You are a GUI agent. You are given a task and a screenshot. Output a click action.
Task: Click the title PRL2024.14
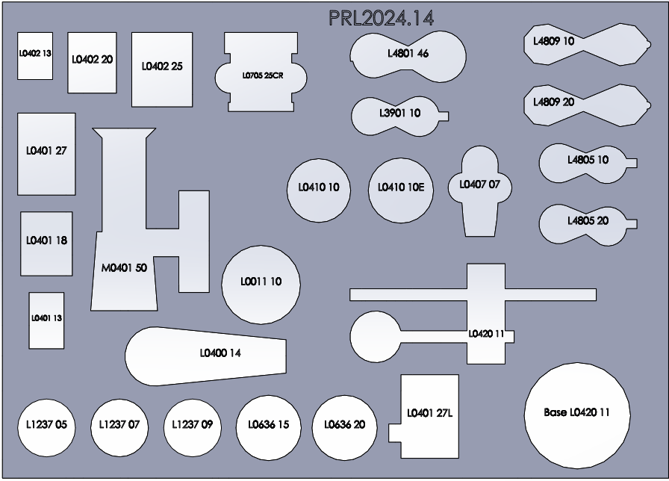click(381, 18)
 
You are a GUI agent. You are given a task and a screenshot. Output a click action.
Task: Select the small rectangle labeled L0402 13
click(35, 55)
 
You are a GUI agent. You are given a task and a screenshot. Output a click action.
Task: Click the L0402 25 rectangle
click(162, 69)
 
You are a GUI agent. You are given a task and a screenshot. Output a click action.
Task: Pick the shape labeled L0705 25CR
click(261, 75)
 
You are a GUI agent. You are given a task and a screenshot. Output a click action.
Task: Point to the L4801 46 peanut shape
click(408, 54)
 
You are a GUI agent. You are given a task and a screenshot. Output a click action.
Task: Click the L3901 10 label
click(399, 114)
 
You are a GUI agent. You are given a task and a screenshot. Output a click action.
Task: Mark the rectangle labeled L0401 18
click(46, 243)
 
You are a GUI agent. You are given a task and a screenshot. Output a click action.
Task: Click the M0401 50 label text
click(124, 268)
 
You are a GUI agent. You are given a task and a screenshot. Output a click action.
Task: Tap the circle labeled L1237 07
click(119, 426)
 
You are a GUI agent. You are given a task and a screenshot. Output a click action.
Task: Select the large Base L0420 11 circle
click(576, 414)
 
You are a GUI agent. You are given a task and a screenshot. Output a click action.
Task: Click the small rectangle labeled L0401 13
click(46, 320)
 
